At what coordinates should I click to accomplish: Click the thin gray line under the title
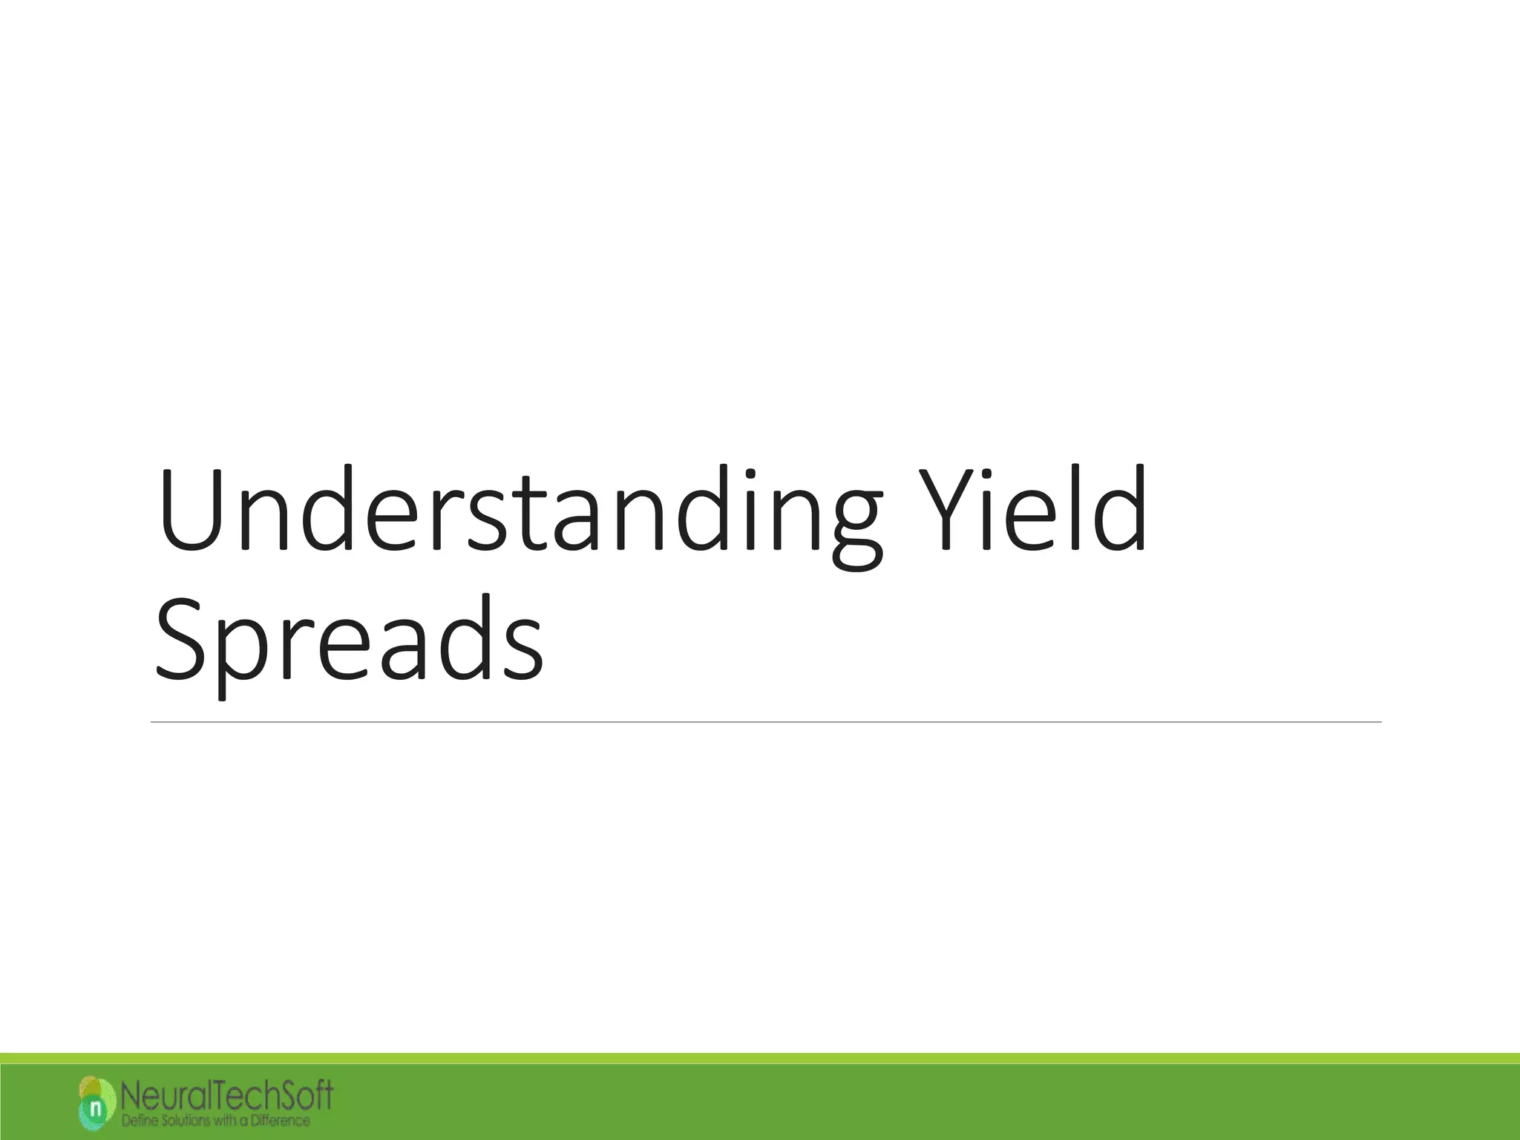pos(764,721)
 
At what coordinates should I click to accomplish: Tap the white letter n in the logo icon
pos(95,1109)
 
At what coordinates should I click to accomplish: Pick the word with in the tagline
pos(226,1120)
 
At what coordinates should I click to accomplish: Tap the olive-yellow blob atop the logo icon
pos(90,1087)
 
